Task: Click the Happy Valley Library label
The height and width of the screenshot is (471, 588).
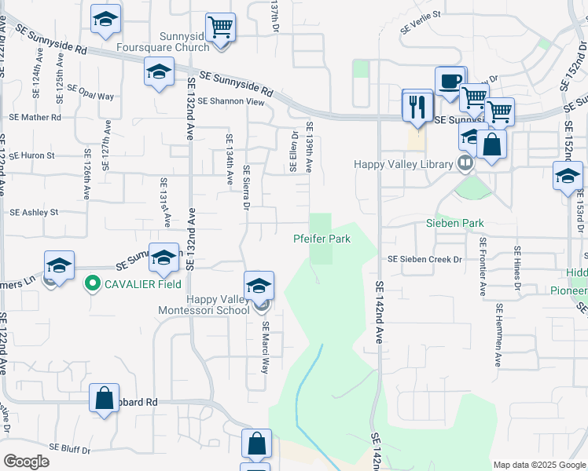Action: click(x=404, y=164)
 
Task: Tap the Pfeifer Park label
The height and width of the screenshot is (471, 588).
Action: click(x=322, y=239)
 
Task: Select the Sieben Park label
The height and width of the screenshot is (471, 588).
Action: click(x=461, y=224)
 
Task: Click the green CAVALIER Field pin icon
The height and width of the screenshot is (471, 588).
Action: click(x=92, y=283)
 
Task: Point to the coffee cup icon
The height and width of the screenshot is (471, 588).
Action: click(x=450, y=81)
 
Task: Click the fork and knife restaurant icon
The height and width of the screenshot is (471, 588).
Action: click(x=417, y=105)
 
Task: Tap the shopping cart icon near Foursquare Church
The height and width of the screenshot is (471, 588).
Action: click(x=221, y=27)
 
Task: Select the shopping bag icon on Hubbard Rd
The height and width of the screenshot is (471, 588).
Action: click(x=104, y=398)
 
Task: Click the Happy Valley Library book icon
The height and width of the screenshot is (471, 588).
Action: click(x=465, y=163)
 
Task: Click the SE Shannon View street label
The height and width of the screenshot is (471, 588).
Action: click(x=231, y=101)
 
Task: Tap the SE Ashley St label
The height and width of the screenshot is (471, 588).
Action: click(x=34, y=213)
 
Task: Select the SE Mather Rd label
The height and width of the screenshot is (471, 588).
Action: click(x=35, y=117)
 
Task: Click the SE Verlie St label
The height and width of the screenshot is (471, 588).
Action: click(x=421, y=23)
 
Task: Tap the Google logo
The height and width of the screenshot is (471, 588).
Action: click(x=26, y=462)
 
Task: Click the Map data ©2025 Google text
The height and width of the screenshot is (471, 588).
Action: click(x=539, y=465)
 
